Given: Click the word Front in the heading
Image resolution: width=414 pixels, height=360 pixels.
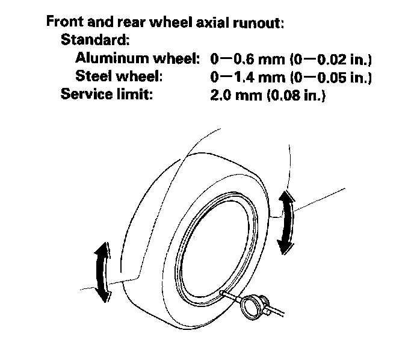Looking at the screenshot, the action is [64, 25].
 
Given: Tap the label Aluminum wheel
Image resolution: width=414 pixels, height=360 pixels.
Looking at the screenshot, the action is [138, 59].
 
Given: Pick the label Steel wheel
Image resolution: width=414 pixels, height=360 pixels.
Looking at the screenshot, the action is [120, 77].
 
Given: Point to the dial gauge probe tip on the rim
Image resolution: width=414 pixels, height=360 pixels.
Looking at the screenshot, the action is [223, 292].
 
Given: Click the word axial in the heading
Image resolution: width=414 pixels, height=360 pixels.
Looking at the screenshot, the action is [205, 25].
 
